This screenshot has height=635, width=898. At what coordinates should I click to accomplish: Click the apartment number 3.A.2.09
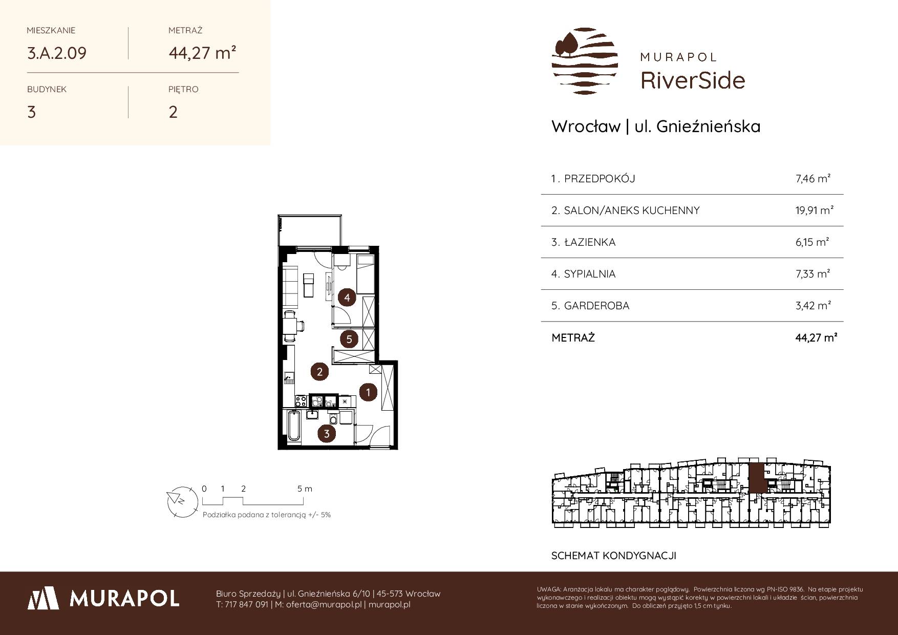tap(57, 53)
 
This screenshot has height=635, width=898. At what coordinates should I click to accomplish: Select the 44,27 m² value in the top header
tap(202, 52)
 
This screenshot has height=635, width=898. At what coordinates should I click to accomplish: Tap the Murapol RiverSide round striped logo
tap(585, 61)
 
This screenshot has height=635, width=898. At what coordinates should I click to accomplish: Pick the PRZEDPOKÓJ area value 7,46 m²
tap(813, 179)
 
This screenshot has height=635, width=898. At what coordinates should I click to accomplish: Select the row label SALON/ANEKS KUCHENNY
tap(631, 210)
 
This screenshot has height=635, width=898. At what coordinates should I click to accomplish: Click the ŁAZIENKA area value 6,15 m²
tap(813, 242)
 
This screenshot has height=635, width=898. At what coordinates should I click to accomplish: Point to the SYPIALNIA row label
tap(589, 274)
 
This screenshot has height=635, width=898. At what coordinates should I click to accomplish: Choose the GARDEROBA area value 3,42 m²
tap(813, 306)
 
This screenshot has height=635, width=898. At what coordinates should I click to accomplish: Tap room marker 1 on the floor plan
tap(368, 392)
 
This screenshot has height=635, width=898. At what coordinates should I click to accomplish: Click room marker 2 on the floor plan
tap(319, 372)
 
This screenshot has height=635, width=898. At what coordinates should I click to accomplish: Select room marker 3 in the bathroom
tap(327, 434)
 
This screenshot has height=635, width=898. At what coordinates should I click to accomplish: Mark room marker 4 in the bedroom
tap(347, 298)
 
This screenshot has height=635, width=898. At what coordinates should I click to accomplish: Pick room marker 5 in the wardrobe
tap(349, 339)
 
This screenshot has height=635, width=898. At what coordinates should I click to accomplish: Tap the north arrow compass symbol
tap(182, 500)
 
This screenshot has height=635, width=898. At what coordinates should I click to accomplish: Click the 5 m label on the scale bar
tap(305, 489)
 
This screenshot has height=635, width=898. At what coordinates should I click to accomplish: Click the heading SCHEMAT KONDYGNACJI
tap(614, 556)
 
